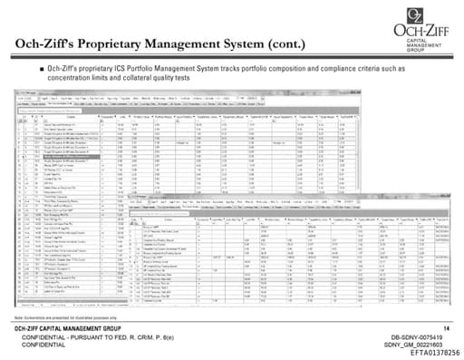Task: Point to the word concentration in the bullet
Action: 77,79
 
